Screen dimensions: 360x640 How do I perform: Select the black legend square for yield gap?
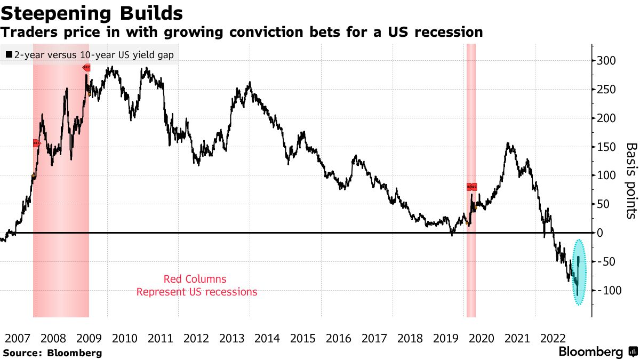tap(9, 54)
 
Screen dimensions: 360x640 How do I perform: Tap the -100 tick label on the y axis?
tap(606, 290)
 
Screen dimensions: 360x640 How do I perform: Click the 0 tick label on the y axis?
tap(600, 233)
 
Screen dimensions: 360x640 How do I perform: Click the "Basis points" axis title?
tap(631, 180)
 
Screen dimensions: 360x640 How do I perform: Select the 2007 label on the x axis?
tap(17, 338)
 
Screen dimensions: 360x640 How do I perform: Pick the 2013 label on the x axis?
tap(232, 338)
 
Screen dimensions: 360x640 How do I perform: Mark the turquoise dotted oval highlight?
tap(579, 273)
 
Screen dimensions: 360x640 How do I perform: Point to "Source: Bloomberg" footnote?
tap(52, 353)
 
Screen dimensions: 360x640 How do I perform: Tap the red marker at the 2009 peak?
tap(86, 68)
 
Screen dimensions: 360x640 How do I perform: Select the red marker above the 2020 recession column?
tap(471, 187)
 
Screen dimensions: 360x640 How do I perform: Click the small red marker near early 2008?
tap(36, 143)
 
